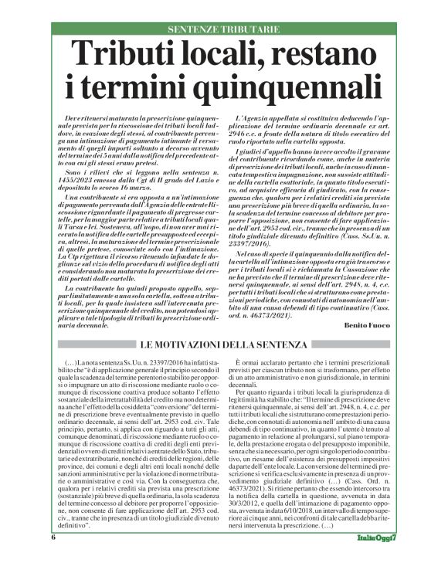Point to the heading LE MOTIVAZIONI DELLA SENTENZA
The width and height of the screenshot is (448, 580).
click(x=224, y=343)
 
